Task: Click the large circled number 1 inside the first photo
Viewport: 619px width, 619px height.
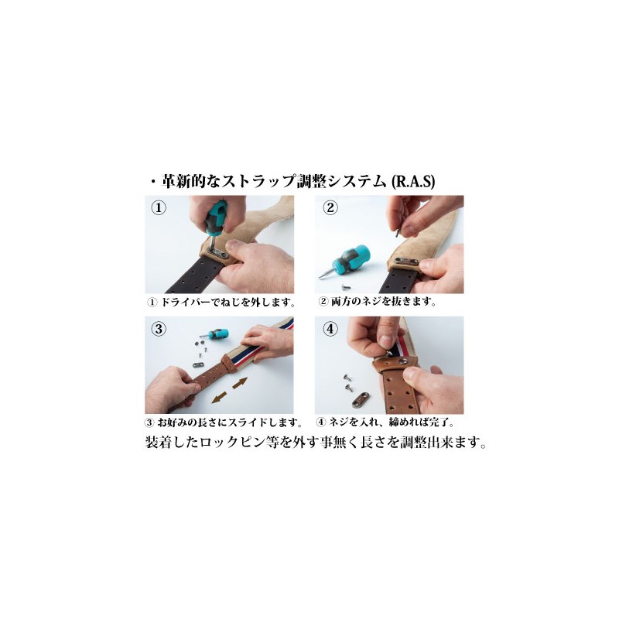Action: pyautogui.click(x=159, y=207)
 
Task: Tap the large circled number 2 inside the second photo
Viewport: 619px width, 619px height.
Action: pyautogui.click(x=330, y=207)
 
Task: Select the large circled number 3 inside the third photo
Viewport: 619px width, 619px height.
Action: pyautogui.click(x=159, y=329)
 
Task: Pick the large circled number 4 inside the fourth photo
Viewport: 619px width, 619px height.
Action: pyautogui.click(x=330, y=328)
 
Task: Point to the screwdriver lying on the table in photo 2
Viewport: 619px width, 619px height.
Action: pyautogui.click(x=344, y=262)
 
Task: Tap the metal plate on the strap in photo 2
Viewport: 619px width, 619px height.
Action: pyautogui.click(x=407, y=262)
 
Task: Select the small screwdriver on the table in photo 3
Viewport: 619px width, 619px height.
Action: pyautogui.click(x=214, y=333)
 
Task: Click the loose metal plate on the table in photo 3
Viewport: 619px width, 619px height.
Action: pyautogui.click(x=198, y=364)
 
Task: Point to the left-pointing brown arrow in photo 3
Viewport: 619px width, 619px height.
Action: pyautogui.click(x=219, y=398)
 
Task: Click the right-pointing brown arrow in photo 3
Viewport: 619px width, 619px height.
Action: pyautogui.click(x=240, y=383)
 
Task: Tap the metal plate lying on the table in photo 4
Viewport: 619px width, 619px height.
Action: pyautogui.click(x=361, y=399)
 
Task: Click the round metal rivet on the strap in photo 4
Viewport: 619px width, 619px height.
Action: pyautogui.click(x=403, y=361)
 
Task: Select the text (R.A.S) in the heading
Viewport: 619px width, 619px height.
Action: pyautogui.click(x=412, y=182)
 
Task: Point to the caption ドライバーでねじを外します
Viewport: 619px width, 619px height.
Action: pyautogui.click(x=227, y=303)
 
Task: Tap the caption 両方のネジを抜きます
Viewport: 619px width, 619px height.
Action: pyautogui.click(x=383, y=302)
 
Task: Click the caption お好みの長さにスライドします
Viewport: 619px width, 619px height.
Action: pyautogui.click(x=229, y=422)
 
